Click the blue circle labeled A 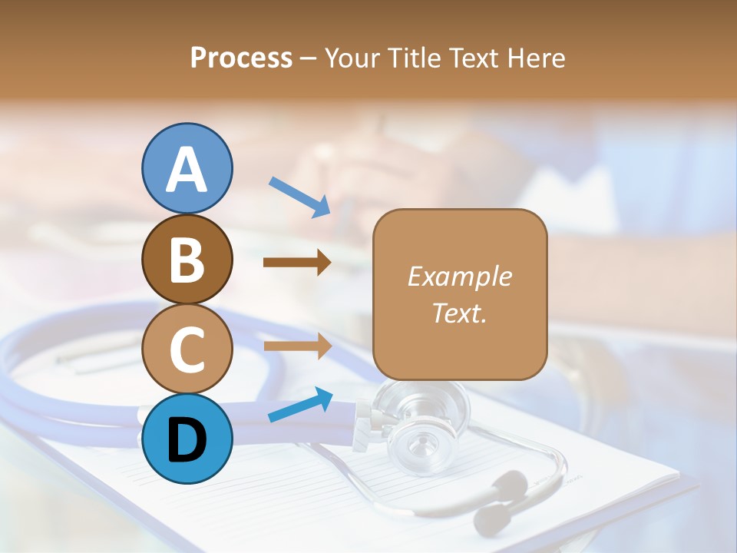pos(187,168)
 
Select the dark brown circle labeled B pos(187,259)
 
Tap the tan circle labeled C pos(187,349)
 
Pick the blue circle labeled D pos(187,439)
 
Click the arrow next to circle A pos(299,197)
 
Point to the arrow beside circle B pos(297,263)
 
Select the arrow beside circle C pos(297,347)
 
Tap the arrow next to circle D pos(299,406)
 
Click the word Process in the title pos(241,58)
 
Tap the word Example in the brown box pos(459,276)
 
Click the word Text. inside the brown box pos(459,313)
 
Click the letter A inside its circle pos(187,170)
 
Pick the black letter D pos(187,440)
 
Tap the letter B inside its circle pos(187,260)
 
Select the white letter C pos(187,349)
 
